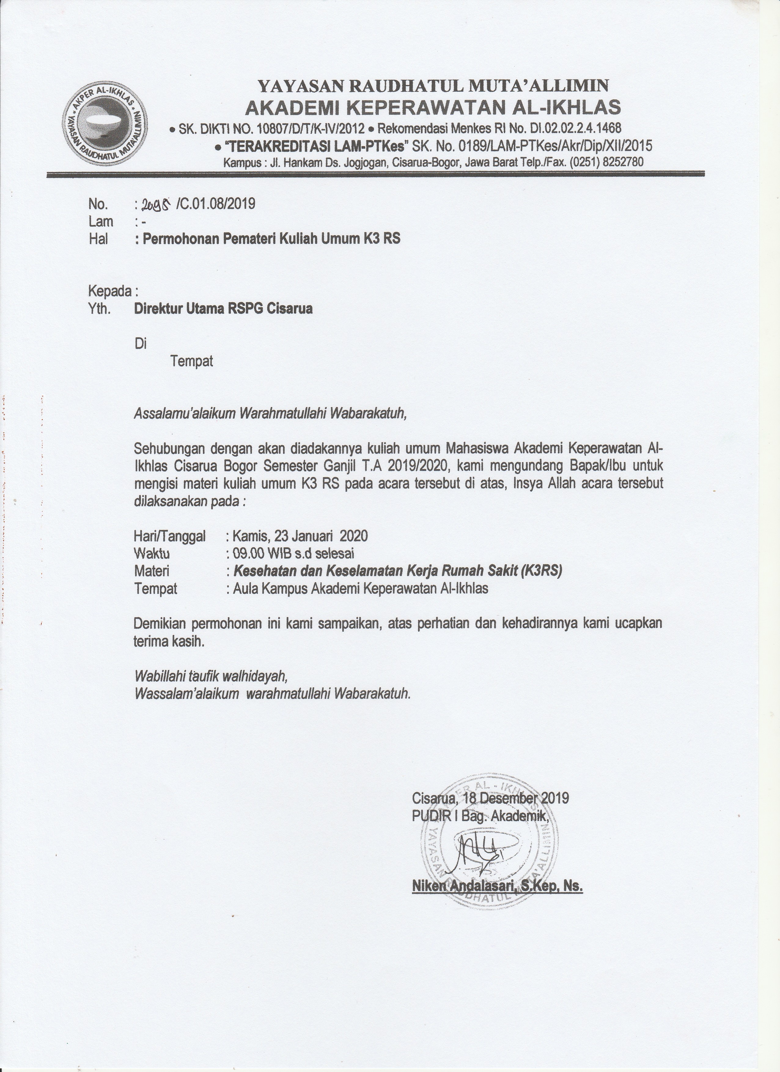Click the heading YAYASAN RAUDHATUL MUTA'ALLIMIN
pos(433,86)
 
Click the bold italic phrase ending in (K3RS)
pos(398,571)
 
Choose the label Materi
pos(152,571)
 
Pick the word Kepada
pos(110,291)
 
